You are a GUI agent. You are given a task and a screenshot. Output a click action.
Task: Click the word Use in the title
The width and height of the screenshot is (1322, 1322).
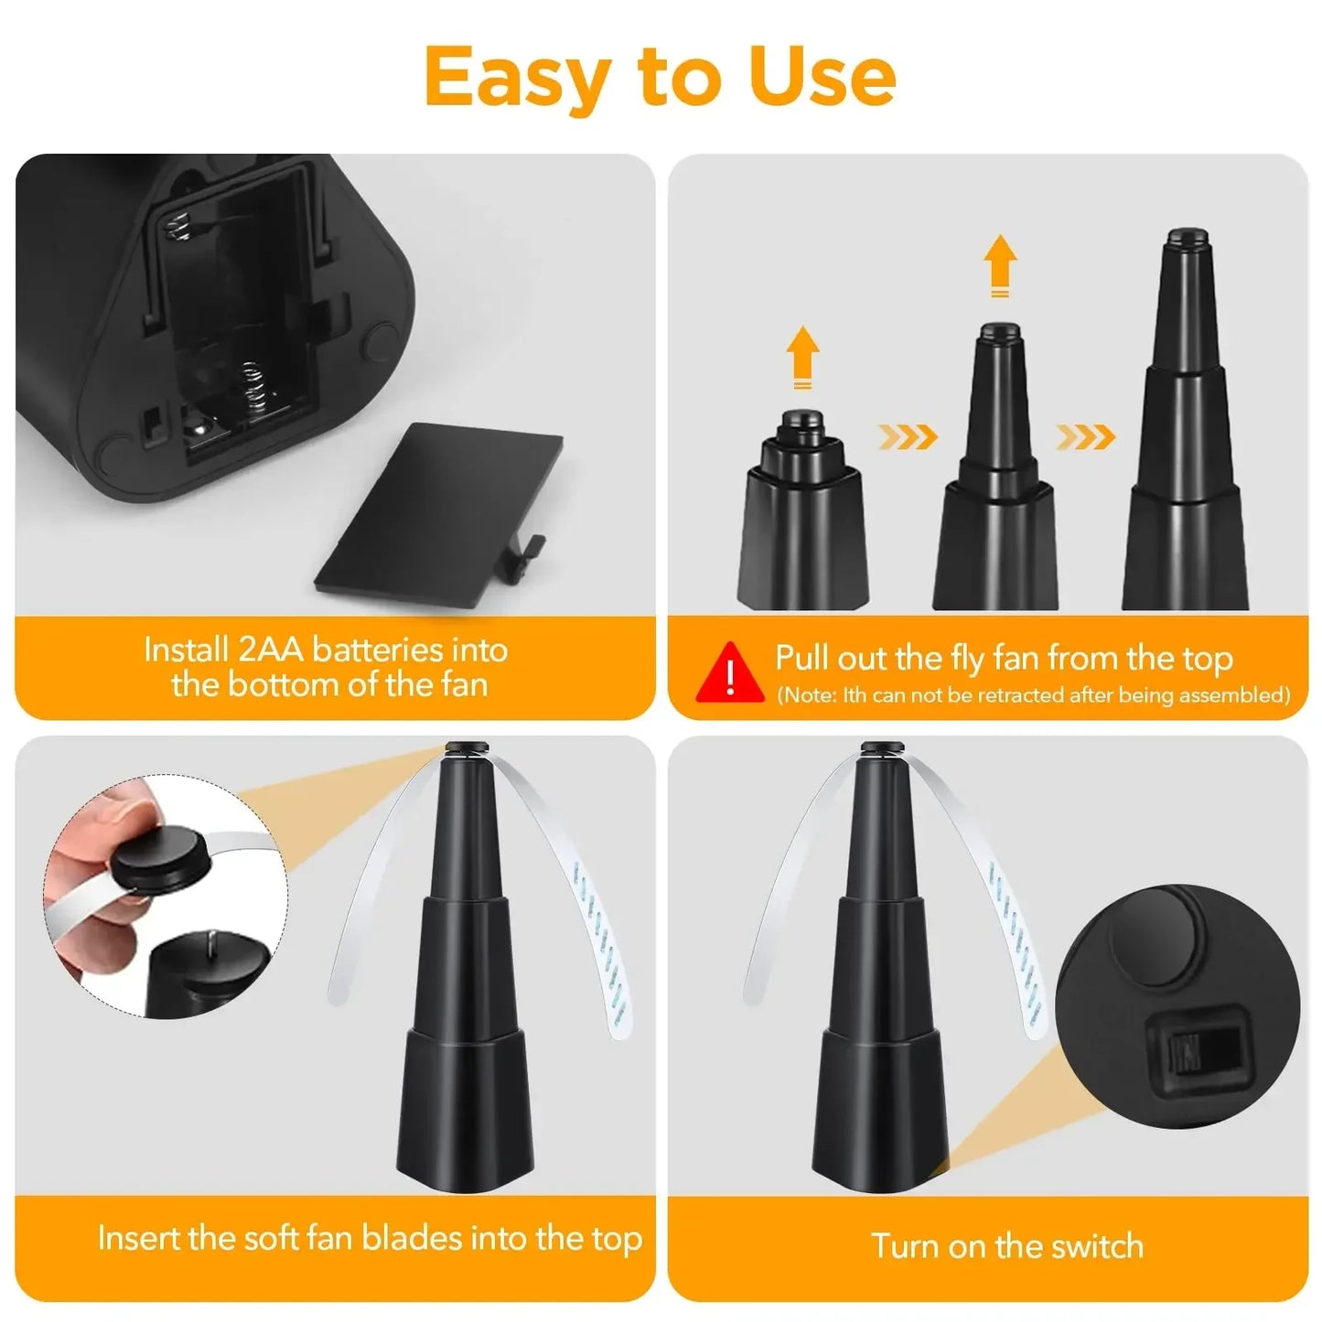[x=821, y=77]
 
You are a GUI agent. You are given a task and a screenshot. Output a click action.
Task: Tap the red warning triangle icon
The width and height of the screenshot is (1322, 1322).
[x=730, y=674]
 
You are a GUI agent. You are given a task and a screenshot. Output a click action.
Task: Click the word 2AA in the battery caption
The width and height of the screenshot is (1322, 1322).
[x=270, y=650]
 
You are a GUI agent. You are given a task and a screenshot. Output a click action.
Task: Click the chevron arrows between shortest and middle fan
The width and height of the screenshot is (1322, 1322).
[x=908, y=437]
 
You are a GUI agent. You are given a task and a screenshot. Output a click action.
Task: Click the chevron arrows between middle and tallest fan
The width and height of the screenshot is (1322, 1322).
[x=1085, y=437]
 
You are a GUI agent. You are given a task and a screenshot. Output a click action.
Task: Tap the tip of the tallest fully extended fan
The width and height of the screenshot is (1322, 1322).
[x=1186, y=236]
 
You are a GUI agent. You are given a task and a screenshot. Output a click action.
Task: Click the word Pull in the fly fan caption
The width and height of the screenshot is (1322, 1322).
[x=806, y=658]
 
